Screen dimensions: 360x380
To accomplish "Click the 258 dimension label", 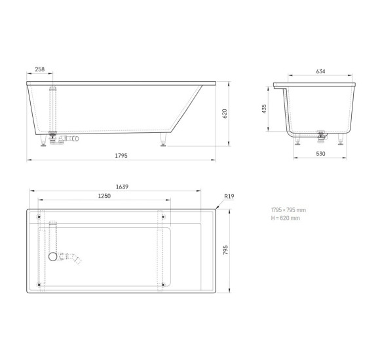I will coord(39,69).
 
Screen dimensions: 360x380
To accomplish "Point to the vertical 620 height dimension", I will coord(225,113).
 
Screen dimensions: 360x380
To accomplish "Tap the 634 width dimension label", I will coord(320,71).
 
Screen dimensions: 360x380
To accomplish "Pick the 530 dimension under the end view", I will coord(320,154).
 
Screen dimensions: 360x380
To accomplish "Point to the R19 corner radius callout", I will coord(229,196).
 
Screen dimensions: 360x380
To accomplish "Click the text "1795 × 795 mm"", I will coord(288,209).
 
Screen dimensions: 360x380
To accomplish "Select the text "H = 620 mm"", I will coord(285,218).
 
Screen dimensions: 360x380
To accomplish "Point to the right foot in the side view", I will coord(161,139).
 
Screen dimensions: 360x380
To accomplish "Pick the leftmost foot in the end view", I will coord(299,141).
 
